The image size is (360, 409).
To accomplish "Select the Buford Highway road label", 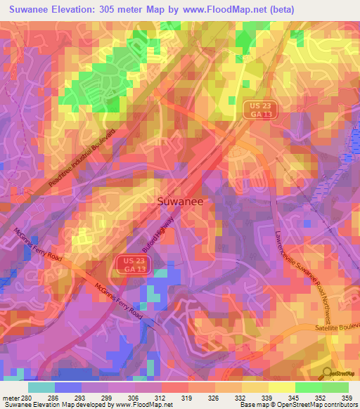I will click(x=158, y=237).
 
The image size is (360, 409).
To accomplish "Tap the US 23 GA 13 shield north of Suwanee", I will click(x=261, y=111).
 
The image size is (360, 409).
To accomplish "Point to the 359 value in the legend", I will click(x=347, y=397).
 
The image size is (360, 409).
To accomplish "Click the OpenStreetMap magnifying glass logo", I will click(x=326, y=372).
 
